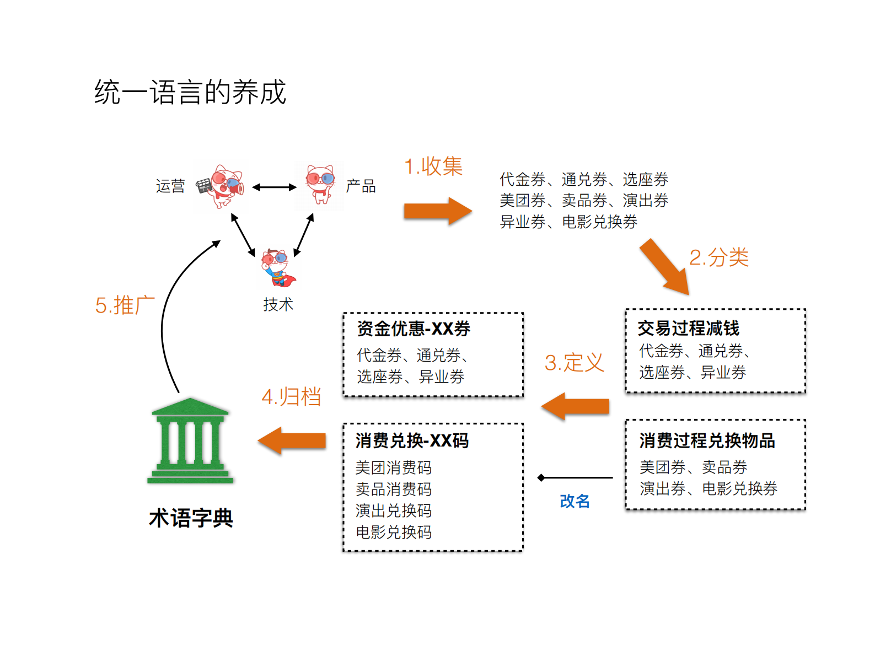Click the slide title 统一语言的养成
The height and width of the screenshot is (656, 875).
click(x=190, y=92)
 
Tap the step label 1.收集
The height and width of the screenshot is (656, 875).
click(x=433, y=166)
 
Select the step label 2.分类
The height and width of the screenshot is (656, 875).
click(x=719, y=257)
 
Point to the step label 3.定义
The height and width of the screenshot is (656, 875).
click(x=574, y=363)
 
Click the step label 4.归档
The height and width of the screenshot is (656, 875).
click(x=291, y=397)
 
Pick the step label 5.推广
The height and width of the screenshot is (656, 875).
click(x=125, y=305)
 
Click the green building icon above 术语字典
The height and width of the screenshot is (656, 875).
click(x=190, y=441)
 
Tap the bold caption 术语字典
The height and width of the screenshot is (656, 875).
click(x=191, y=518)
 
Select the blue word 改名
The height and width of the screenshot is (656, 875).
click(x=575, y=501)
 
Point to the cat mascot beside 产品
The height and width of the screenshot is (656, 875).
click(x=320, y=184)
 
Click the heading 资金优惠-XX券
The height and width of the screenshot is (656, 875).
click(x=414, y=329)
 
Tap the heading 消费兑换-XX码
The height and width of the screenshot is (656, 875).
click(x=412, y=441)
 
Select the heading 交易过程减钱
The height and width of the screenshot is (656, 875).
click(x=688, y=329)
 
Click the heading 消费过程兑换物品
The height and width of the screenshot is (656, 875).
click(x=707, y=441)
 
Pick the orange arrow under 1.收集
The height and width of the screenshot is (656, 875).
click(x=437, y=211)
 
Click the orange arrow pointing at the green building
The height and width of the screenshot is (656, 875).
click(x=292, y=441)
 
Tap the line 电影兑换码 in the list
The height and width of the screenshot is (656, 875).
click(x=394, y=533)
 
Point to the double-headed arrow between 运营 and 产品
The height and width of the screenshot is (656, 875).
click(x=275, y=187)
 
